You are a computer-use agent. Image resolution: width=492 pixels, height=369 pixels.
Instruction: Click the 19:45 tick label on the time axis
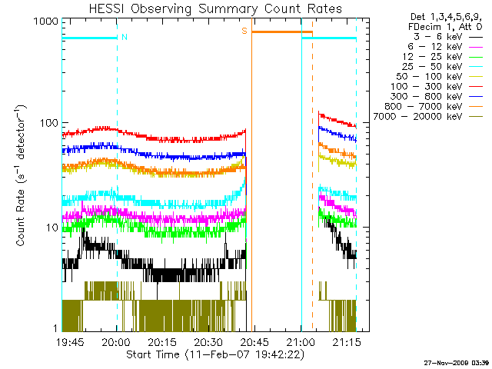point(71,342)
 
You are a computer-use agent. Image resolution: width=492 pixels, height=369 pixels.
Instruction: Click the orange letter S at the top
point(244,32)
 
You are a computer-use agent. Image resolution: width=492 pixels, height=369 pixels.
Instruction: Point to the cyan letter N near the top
point(125,37)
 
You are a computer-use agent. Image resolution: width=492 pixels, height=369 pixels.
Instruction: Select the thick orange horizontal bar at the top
point(281,32)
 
